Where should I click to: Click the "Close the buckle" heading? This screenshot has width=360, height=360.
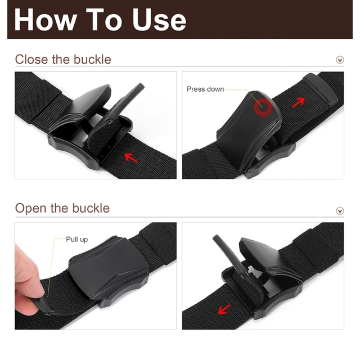click(63, 60)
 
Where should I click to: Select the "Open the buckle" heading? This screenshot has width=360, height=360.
click(62, 208)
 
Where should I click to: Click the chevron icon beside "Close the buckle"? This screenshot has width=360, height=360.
click(340, 60)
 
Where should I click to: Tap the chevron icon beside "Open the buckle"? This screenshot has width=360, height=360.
click(340, 211)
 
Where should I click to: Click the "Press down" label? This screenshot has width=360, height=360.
click(205, 89)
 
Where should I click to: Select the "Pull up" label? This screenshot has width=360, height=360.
click(76, 239)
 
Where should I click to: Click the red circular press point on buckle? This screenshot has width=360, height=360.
click(262, 106)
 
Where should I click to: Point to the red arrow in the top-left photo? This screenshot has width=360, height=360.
click(130, 157)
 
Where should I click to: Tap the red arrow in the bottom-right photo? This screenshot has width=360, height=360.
click(224, 308)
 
